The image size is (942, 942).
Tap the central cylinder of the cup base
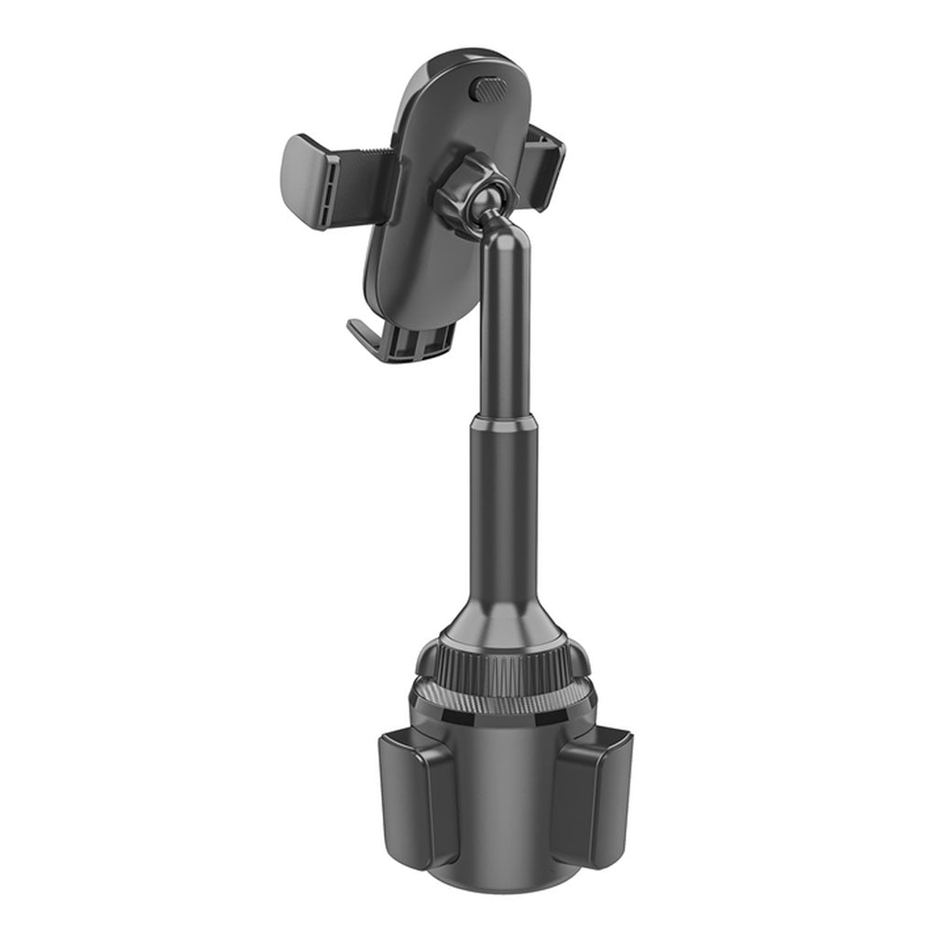coord(499,806)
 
